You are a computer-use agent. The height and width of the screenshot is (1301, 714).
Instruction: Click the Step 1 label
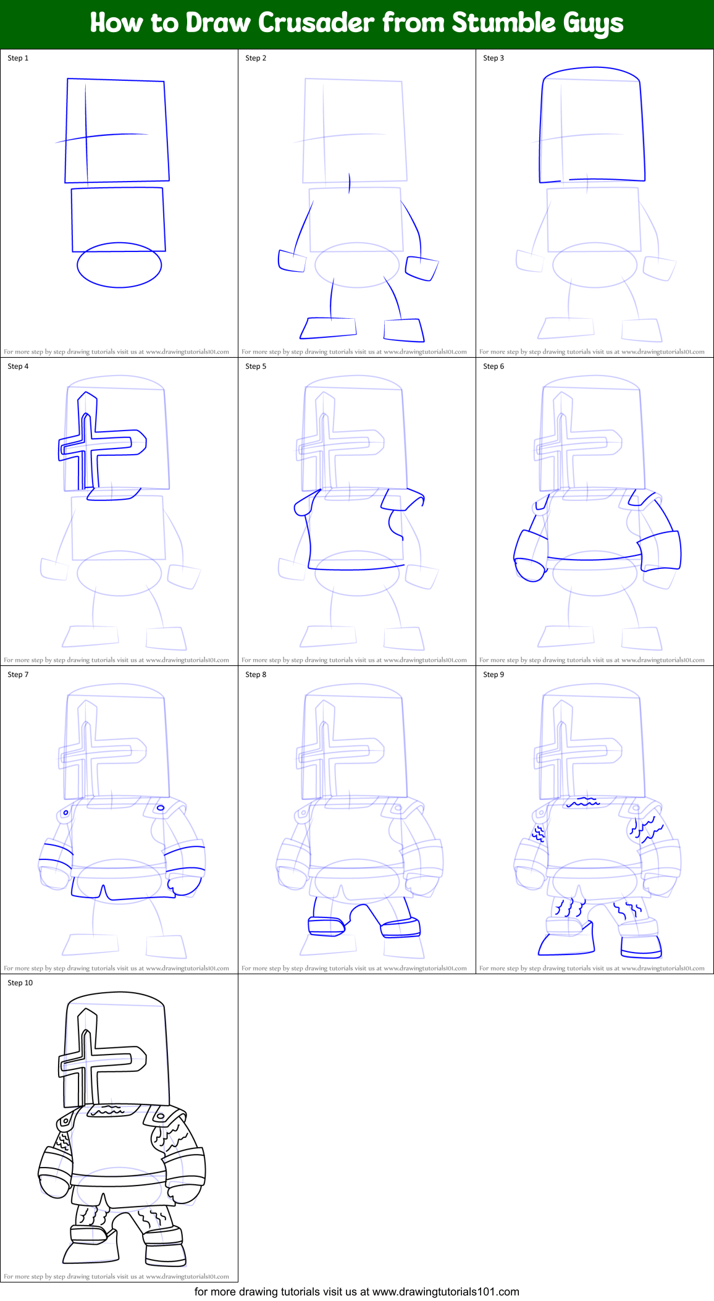(x=18, y=58)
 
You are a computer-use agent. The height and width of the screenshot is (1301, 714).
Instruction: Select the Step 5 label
(x=256, y=366)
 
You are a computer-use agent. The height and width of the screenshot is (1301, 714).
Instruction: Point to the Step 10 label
(x=20, y=983)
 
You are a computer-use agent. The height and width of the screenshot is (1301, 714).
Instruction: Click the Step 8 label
(x=256, y=675)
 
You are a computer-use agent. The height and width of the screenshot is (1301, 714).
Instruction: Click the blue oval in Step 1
(x=119, y=265)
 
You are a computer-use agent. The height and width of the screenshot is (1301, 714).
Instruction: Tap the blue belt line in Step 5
(x=356, y=568)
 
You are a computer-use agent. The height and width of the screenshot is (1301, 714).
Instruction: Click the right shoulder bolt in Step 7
(x=161, y=807)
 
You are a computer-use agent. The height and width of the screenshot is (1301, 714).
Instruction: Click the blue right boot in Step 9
(x=641, y=946)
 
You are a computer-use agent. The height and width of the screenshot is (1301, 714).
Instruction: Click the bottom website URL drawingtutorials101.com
(x=445, y=1292)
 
